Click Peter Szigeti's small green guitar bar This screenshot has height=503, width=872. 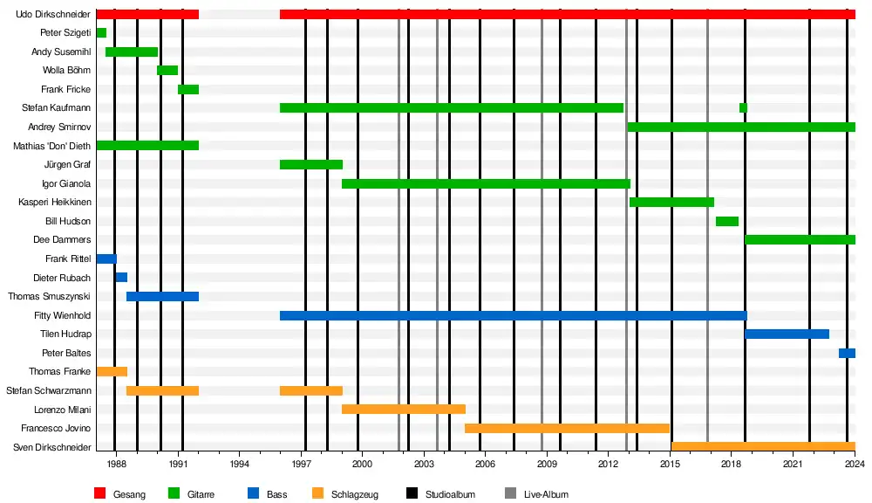tap(101, 33)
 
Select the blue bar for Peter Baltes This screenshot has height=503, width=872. tap(847, 353)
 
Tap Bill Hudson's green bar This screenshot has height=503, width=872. tap(727, 221)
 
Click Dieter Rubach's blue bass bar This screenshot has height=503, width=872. tap(121, 278)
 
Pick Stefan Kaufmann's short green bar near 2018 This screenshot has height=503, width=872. tap(743, 108)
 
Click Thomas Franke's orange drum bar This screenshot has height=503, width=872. tap(112, 371)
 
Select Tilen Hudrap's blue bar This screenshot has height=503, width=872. tap(787, 334)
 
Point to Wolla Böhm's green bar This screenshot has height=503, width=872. tap(167, 70)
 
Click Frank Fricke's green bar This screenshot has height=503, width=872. tap(188, 89)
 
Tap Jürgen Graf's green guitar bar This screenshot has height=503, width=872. tap(311, 164)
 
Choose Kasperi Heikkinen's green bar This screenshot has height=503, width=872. tap(671, 203)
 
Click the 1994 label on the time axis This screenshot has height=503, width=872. tap(239, 464)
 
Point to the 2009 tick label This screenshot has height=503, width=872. tap(547, 464)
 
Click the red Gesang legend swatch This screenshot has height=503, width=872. tap(100, 493)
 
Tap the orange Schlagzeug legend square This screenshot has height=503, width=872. tap(318, 493)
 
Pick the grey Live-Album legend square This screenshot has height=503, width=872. tap(510, 493)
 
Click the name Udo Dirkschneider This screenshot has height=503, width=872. tap(53, 14)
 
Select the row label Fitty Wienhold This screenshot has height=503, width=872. tap(62, 315)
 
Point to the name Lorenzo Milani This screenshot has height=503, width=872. tap(62, 410)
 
